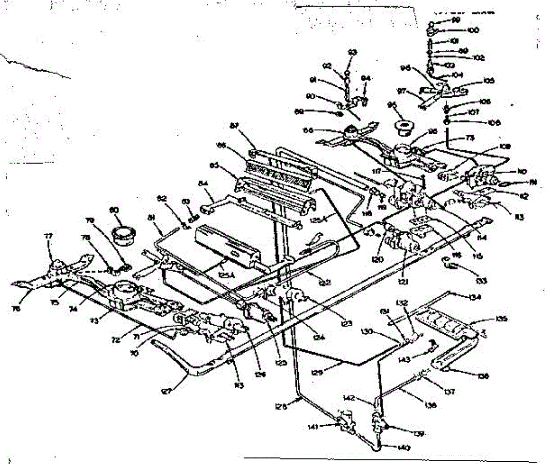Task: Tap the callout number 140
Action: point(391,448)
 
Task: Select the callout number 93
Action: point(352,53)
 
